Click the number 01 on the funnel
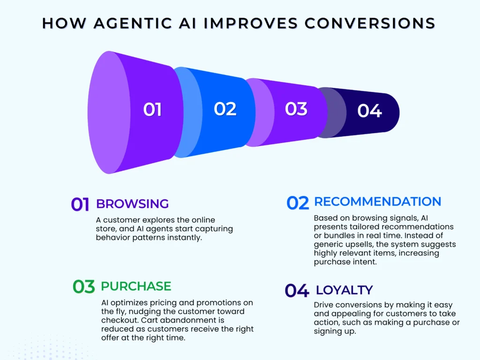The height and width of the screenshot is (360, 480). click(152, 110)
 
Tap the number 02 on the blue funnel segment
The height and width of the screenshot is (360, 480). click(225, 109)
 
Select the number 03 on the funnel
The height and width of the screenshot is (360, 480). click(296, 109)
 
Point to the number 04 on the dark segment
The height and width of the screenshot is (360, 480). click(369, 111)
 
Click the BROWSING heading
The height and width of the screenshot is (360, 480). click(132, 204)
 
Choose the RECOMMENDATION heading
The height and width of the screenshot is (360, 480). click(377, 202)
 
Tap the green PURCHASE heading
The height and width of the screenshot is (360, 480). click(136, 286)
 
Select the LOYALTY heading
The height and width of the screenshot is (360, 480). click(344, 290)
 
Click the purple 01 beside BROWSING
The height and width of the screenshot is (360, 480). click(80, 205)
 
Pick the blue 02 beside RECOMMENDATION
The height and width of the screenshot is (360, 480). click(298, 203)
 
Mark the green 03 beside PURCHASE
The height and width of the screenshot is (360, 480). click(84, 287)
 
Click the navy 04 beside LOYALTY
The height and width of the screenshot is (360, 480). click(297, 291)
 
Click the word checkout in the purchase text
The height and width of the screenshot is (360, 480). click(116, 320)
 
